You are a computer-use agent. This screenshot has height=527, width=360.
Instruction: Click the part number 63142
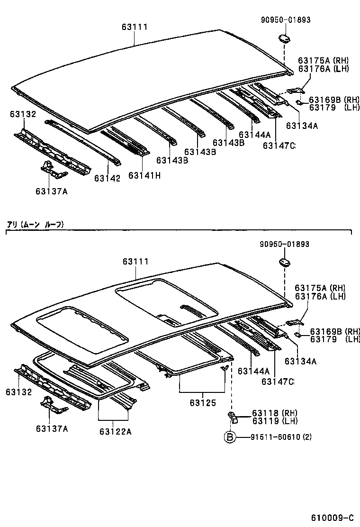[x=107, y=178]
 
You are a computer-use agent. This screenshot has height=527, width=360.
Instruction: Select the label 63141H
[x=144, y=175]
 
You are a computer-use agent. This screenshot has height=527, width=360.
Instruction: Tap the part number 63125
[x=204, y=403]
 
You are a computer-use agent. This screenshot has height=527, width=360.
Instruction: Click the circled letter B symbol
[x=229, y=436]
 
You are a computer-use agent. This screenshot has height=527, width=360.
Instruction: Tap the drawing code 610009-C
[x=332, y=517]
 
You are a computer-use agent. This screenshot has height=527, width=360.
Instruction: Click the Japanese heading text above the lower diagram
[x=35, y=224]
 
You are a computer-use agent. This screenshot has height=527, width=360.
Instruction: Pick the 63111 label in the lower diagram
[x=135, y=262]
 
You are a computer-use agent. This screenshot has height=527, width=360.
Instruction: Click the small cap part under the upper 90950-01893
[x=283, y=37]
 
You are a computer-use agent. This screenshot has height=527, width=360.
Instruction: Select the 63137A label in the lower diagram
[x=52, y=428]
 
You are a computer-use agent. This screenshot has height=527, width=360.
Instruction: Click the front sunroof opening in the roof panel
[x=83, y=330]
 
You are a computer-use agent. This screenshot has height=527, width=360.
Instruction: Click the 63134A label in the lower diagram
[x=300, y=361]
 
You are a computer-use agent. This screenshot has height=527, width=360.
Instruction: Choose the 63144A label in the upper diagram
[x=254, y=134]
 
